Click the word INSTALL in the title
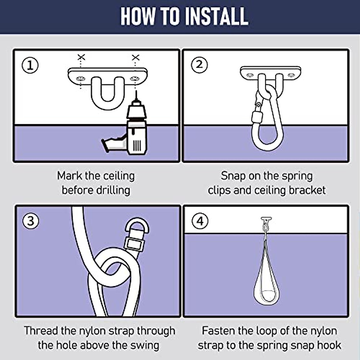click(x=217, y=16)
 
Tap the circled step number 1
click(x=30, y=65)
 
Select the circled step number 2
click(x=199, y=65)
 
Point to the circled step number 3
click(x=31, y=221)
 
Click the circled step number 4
click(x=200, y=221)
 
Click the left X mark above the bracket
click(x=81, y=57)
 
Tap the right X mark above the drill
click(x=136, y=58)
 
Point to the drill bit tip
click(x=136, y=91)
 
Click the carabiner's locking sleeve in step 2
click(x=256, y=117)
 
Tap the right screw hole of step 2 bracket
click(x=291, y=75)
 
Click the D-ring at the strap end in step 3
click(x=137, y=226)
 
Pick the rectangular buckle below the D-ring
click(x=134, y=244)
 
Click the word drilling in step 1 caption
click(x=113, y=190)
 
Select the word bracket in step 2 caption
click(x=307, y=190)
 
